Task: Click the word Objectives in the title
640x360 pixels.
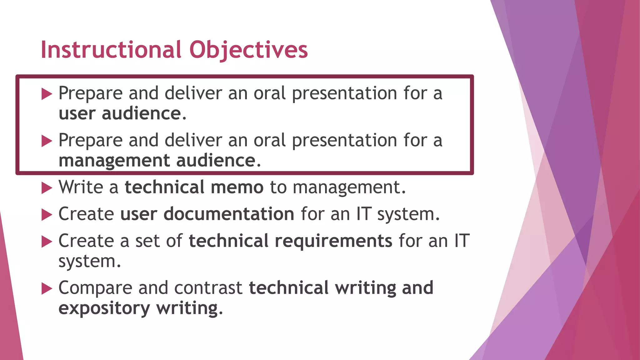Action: pyautogui.click(x=248, y=50)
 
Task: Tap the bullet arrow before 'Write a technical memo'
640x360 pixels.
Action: pyautogui.click(x=47, y=188)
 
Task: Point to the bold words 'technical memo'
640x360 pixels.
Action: pyautogui.click(x=194, y=187)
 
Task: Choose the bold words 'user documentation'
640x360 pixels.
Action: pyautogui.click(x=207, y=214)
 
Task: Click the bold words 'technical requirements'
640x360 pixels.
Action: pyautogui.click(x=290, y=241)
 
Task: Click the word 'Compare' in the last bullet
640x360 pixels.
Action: pyautogui.click(x=95, y=288)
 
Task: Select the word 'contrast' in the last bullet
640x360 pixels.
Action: pyautogui.click(x=208, y=288)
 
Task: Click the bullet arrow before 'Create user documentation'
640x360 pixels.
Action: pyautogui.click(x=47, y=215)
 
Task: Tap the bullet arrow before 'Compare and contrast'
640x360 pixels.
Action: pyautogui.click(x=47, y=289)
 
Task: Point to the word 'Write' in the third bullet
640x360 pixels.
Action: pyautogui.click(x=81, y=187)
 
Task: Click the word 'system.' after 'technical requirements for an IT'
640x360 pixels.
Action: pyautogui.click(x=89, y=261)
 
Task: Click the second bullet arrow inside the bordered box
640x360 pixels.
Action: pyautogui.click(x=47, y=141)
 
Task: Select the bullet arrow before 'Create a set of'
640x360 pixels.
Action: pyautogui.click(x=47, y=242)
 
